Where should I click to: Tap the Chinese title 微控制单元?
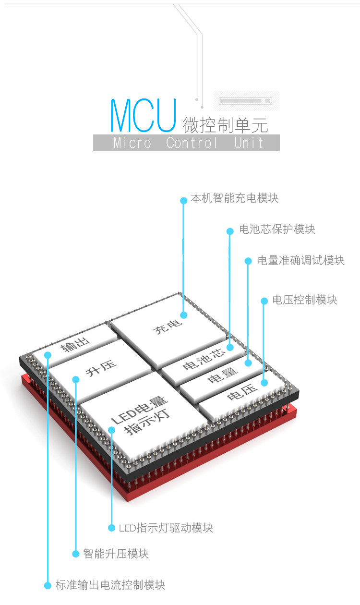(x=225, y=125)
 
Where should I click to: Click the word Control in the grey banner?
(x=192, y=143)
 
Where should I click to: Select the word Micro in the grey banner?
(x=132, y=143)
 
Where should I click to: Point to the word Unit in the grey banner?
(x=249, y=143)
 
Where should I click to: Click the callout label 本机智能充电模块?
(x=234, y=198)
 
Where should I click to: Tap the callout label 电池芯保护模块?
(x=277, y=229)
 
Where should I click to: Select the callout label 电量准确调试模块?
(x=300, y=260)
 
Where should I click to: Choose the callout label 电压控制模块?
(x=305, y=300)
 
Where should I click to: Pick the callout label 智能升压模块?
(x=116, y=554)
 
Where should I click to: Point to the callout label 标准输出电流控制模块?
(x=110, y=585)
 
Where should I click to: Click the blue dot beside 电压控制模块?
(x=264, y=301)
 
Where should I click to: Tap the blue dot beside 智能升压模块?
(x=75, y=554)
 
